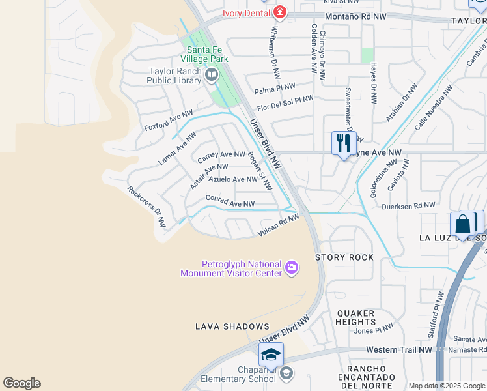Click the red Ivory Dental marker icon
pyautogui.click(x=280, y=12)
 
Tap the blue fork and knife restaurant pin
pyautogui.click(x=343, y=143)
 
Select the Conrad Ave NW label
pyautogui.click(x=230, y=202)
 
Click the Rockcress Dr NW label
pyautogui.click(x=147, y=207)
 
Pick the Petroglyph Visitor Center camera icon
pyautogui.click(x=292, y=268)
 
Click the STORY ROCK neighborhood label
pyautogui.click(x=344, y=257)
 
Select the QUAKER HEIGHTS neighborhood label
pyautogui.click(x=356, y=317)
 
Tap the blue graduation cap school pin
pyautogui.click(x=271, y=355)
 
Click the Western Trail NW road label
pyautogui.click(x=398, y=350)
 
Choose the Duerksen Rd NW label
pyautogui.click(x=408, y=205)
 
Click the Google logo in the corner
pyautogui.click(x=21, y=383)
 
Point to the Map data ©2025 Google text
pyautogui.click(x=446, y=386)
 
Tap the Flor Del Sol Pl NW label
pyautogui.click(x=285, y=102)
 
